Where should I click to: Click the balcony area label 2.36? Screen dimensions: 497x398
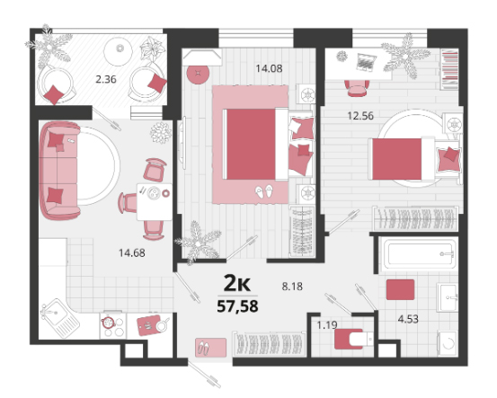[106, 79]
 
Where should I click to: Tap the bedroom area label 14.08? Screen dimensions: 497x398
[269, 68]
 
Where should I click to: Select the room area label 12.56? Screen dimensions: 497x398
[360, 116]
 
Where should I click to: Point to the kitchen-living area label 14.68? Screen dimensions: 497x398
[132, 252]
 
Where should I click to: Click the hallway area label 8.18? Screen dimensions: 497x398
[292, 287]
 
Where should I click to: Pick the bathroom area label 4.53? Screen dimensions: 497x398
[408, 319]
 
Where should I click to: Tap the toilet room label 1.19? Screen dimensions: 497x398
[327, 325]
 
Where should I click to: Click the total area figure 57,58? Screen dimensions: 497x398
[237, 306]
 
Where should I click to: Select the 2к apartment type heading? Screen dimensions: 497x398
[237, 283]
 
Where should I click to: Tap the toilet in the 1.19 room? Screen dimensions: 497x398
[354, 339]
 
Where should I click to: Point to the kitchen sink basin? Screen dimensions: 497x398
[54, 312]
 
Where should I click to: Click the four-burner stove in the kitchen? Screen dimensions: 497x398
[113, 326]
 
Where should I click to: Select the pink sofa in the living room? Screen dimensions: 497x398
[59, 171]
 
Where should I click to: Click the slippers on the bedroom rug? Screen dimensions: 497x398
[264, 191]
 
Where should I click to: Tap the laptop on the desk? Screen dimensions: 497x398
[367, 62]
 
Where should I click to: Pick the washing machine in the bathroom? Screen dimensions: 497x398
[448, 343]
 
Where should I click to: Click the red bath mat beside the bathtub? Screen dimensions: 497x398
[400, 289]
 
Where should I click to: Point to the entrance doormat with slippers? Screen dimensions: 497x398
[211, 348]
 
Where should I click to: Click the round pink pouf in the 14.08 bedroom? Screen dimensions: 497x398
[198, 75]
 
